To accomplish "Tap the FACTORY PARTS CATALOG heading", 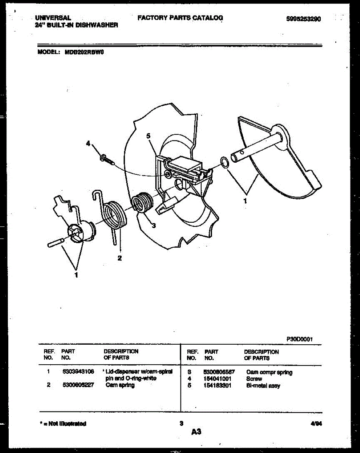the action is pyautogui.click(x=180, y=18).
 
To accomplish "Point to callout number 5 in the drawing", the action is pyautogui.click(x=149, y=135).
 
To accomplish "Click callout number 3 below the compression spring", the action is pyautogui.click(x=153, y=226).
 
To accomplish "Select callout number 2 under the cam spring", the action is pyautogui.click(x=119, y=258).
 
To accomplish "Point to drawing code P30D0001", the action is pyautogui.click(x=300, y=339).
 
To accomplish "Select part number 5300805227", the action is pyautogui.click(x=78, y=385).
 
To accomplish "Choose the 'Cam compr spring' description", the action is pyautogui.click(x=269, y=372).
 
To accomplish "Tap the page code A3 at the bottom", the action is pyautogui.click(x=196, y=432).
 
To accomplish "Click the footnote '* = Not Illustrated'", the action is pyautogui.click(x=63, y=424).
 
